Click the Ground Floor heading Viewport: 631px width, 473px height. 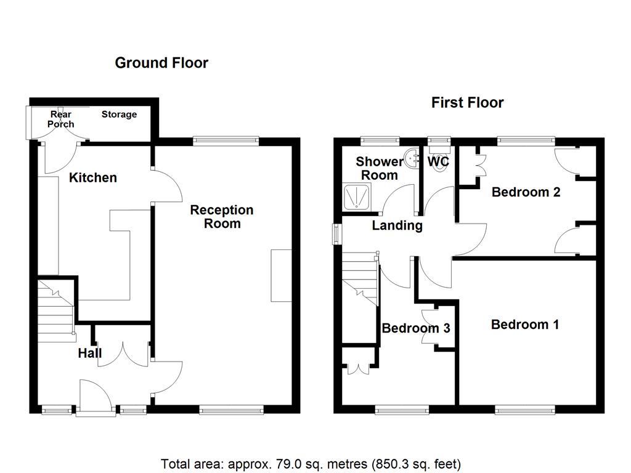coord(161,63)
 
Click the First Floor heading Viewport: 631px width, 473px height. coord(467,103)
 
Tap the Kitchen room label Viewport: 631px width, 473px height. coord(92,178)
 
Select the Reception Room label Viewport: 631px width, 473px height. coord(222,217)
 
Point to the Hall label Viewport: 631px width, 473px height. coord(89,354)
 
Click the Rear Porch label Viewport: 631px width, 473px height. coord(61,119)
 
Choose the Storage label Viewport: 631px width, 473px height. coord(119,115)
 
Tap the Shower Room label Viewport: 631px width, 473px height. coord(380,168)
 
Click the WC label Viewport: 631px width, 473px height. coord(438,162)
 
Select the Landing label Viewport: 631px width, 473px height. coord(397,225)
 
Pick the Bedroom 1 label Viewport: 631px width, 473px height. coord(525,325)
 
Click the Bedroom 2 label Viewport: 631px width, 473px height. coord(526,192)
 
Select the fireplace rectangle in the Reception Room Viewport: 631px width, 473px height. coord(281,275)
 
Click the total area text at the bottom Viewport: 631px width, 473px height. coord(311,464)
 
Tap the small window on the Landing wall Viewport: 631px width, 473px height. coord(336,234)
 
